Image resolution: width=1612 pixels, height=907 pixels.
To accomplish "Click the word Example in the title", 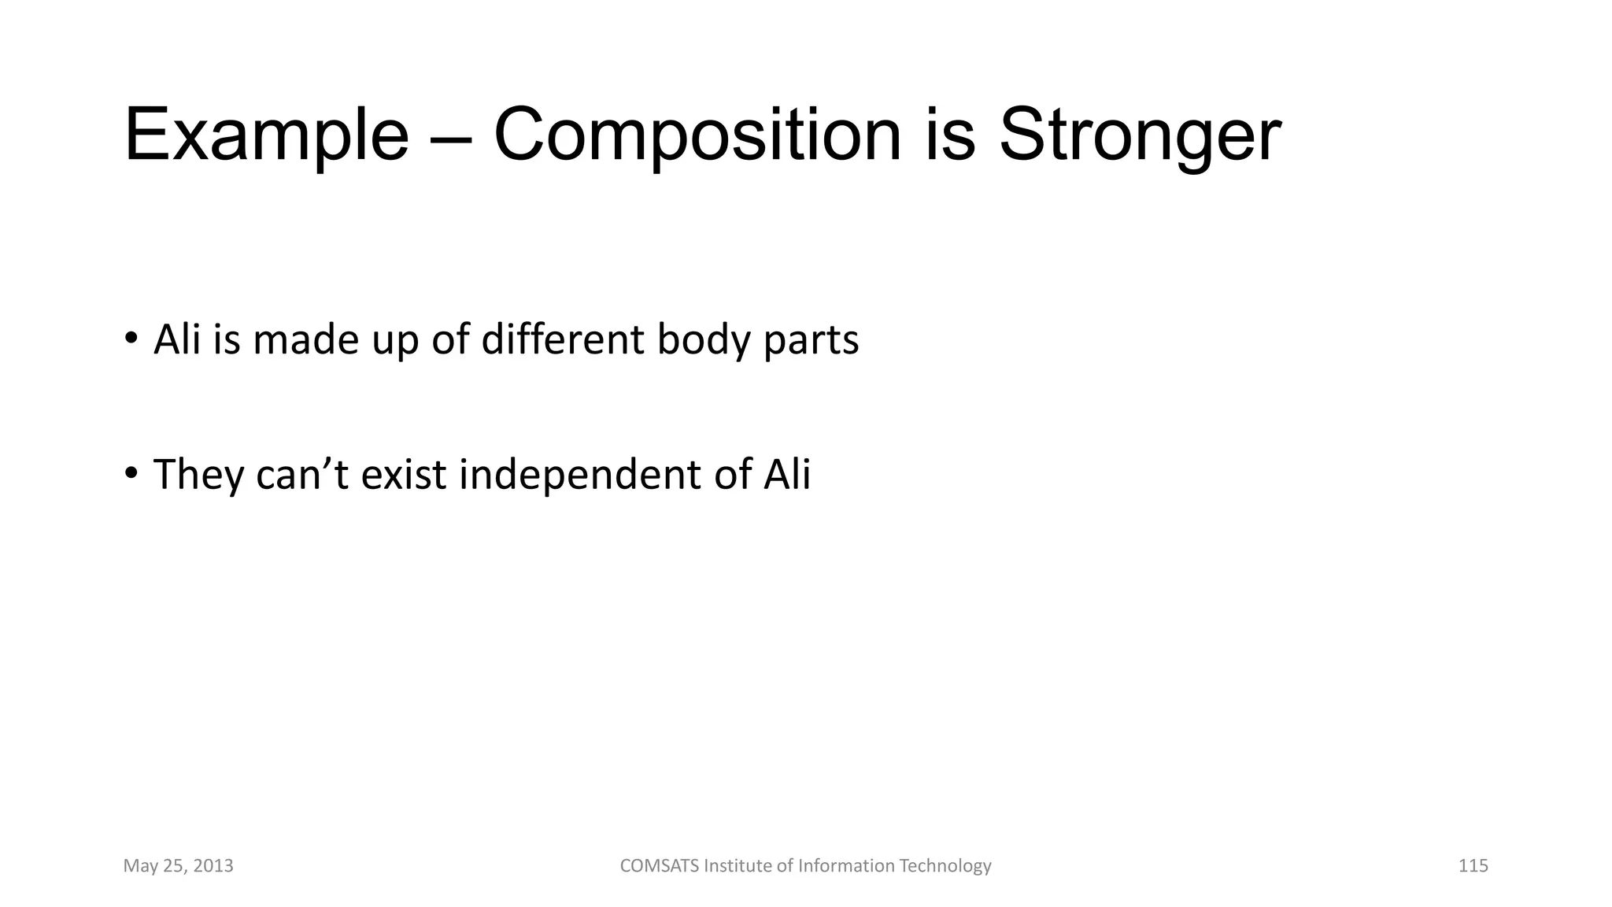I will coord(266,136).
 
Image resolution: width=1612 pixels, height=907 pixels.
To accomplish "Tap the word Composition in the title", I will coord(697,136).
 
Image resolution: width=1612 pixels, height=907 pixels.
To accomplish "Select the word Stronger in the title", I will coord(1140,136).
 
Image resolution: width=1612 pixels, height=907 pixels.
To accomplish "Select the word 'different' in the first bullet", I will coord(563,340).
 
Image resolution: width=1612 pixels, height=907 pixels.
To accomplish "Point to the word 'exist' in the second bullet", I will coord(404,475).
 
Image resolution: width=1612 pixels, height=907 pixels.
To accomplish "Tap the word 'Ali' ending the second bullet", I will coord(786,475).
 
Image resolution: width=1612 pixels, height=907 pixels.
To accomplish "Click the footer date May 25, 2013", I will coord(178,866).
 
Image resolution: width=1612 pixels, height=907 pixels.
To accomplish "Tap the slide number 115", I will coord(1473,866).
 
